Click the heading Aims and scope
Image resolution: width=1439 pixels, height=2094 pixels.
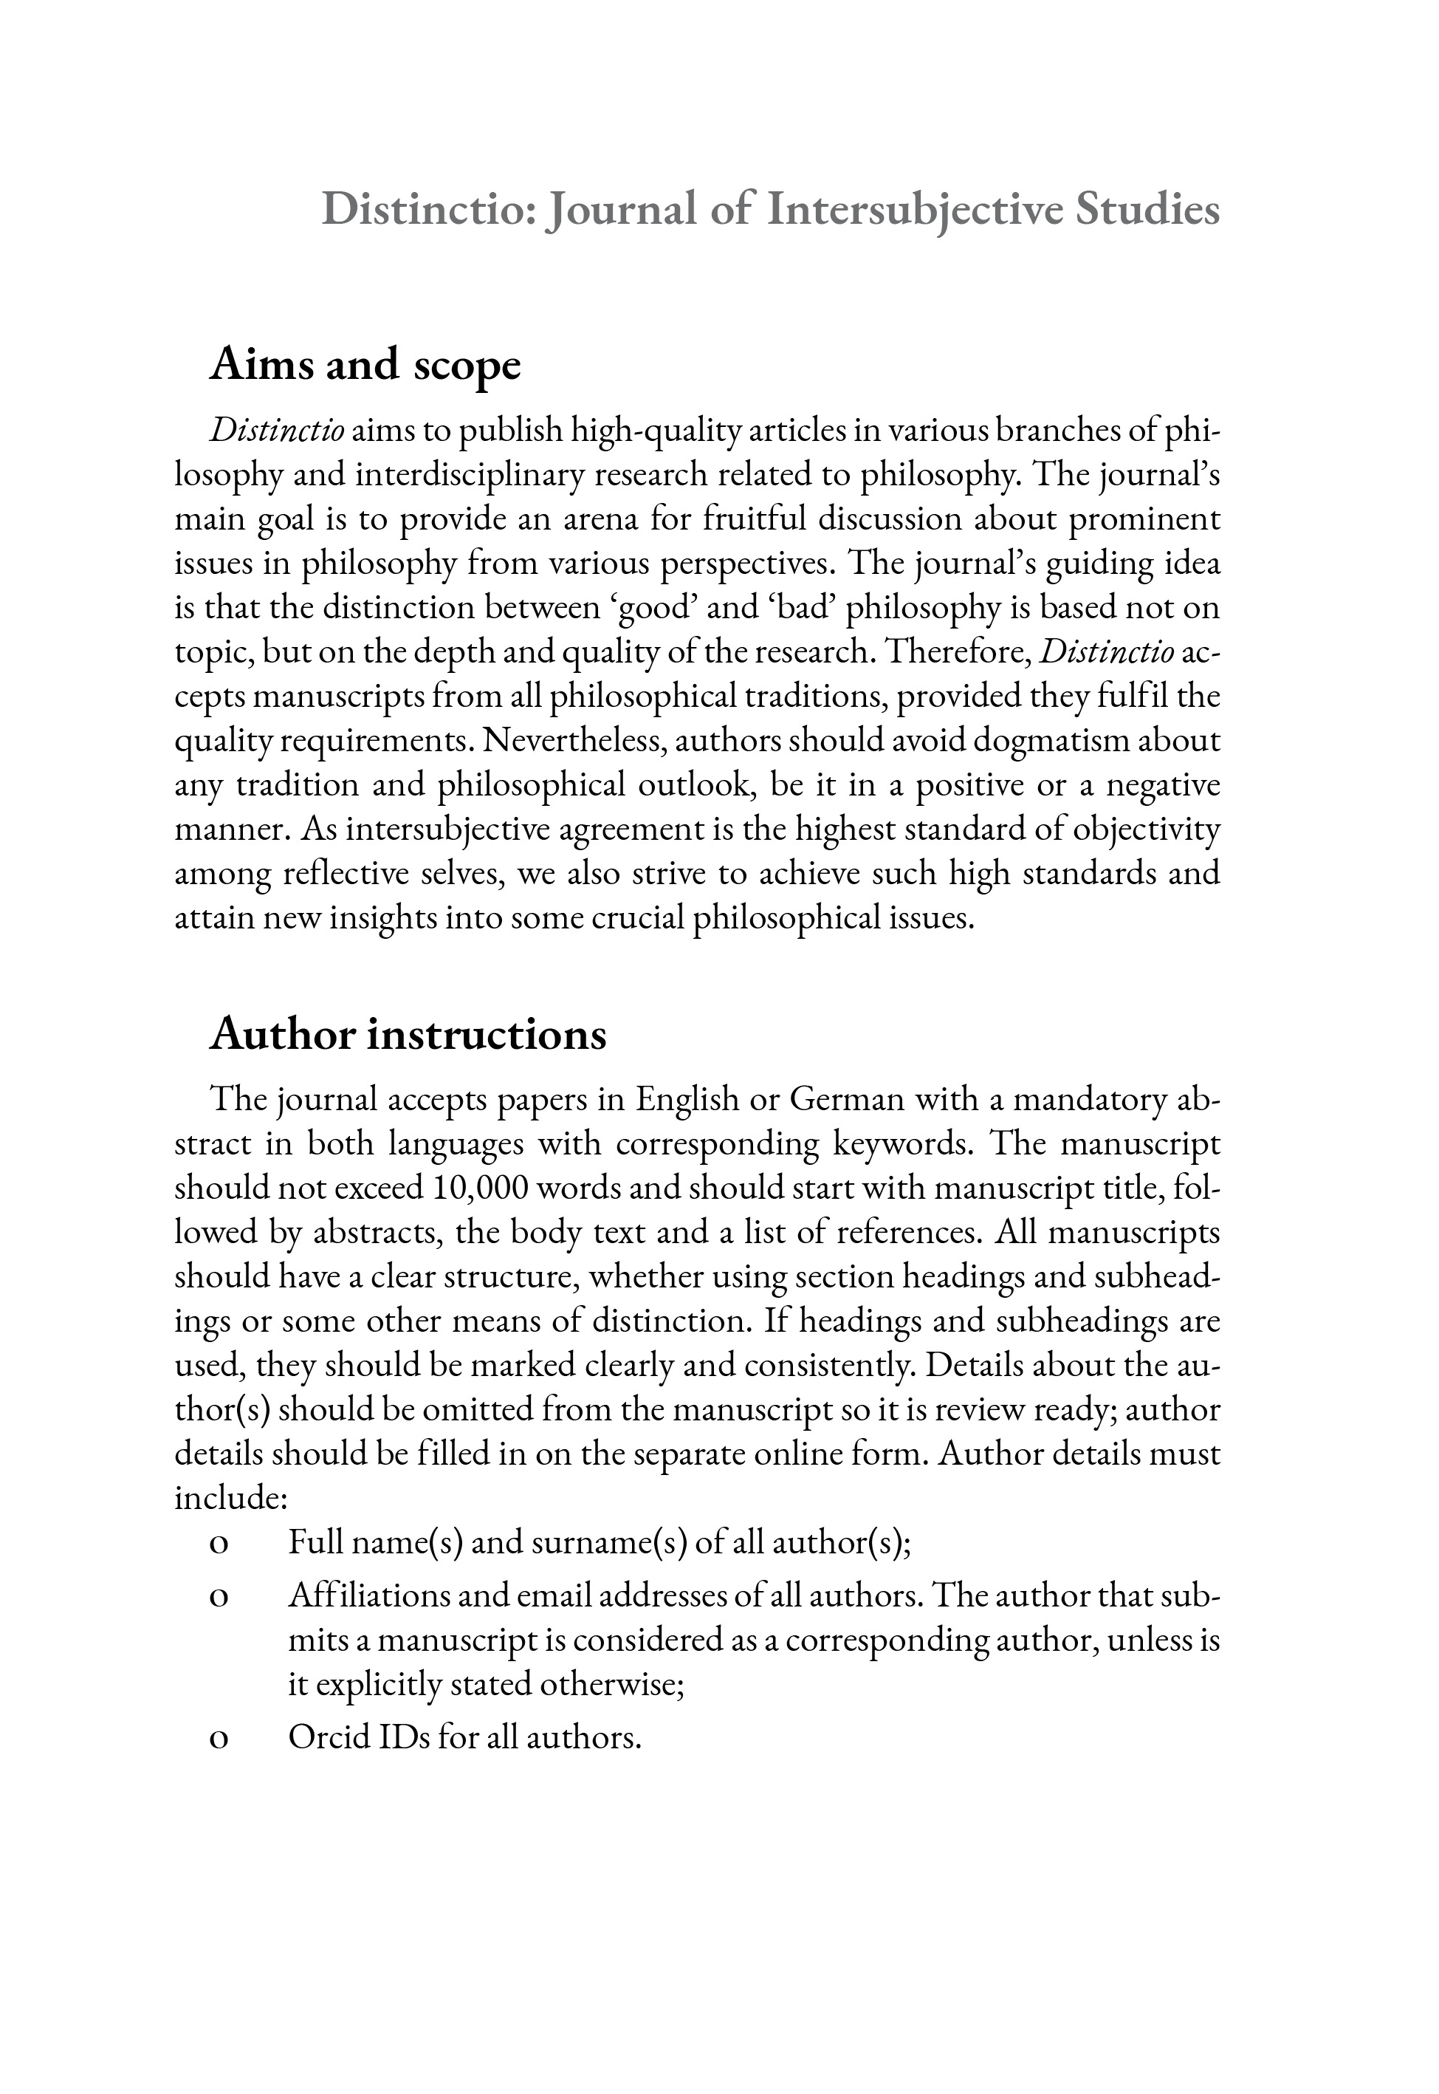tap(365, 365)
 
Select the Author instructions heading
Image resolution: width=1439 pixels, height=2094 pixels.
tap(408, 1034)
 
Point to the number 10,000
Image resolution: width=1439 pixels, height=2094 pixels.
tap(478, 1188)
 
